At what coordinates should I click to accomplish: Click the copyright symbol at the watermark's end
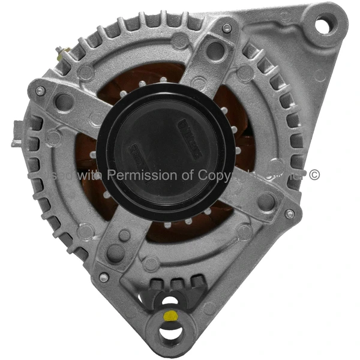(x=314, y=175)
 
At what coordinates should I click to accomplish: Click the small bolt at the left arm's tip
(x=40, y=91)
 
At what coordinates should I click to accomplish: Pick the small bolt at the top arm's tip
(x=226, y=28)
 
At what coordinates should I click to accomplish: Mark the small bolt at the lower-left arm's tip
(x=104, y=277)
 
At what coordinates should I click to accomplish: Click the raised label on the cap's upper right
(x=188, y=129)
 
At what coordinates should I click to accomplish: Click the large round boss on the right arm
(x=266, y=201)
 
